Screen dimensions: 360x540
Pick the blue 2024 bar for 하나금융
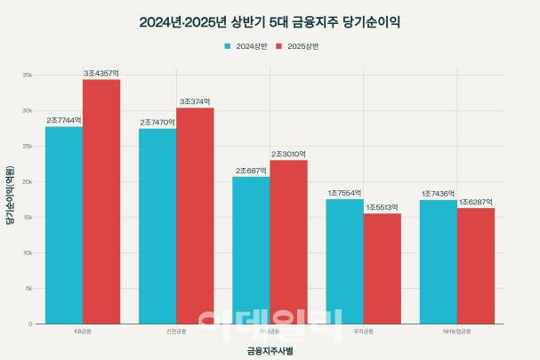tap(251, 250)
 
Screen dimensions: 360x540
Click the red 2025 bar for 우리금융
tap(382, 268)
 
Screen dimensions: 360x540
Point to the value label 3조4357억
tap(101, 73)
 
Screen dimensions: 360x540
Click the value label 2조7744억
tap(64, 120)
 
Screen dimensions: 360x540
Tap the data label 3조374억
tap(195, 101)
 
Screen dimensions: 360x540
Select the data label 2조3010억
tap(289, 154)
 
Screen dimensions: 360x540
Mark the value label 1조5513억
tap(382, 207)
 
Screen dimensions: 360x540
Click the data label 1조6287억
tap(476, 202)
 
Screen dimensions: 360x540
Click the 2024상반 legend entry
tap(246, 44)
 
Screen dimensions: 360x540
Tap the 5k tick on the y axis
tap(29, 289)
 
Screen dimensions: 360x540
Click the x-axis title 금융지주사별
tap(270, 350)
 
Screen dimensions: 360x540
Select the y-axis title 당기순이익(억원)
tap(10, 196)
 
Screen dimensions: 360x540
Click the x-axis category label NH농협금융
tap(456, 332)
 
